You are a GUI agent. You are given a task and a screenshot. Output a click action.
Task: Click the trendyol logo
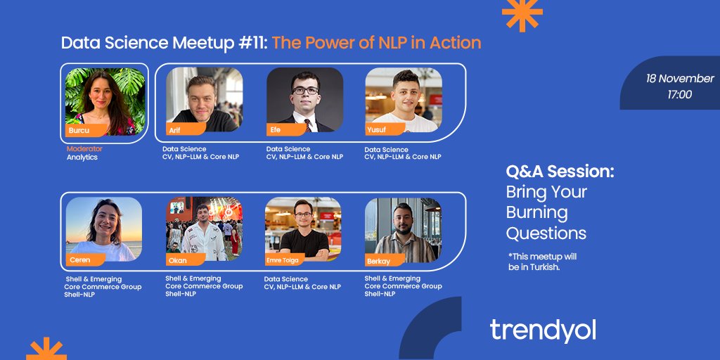pos(542,330)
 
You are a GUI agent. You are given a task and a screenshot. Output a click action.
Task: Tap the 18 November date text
pos(680,79)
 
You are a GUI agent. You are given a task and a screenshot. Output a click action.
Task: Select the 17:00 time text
pos(679,94)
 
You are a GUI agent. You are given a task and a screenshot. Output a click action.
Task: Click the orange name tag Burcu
pos(79,130)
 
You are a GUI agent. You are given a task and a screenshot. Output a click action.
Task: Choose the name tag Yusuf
pos(377,130)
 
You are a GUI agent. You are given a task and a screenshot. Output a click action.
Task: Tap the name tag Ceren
pos(80,260)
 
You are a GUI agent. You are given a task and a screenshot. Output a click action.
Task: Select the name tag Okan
pos(178,260)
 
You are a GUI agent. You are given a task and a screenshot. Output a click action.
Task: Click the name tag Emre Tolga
pos(284,260)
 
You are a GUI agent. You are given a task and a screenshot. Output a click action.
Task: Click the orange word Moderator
pos(84,149)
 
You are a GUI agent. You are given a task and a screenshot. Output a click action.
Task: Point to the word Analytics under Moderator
pos(82,157)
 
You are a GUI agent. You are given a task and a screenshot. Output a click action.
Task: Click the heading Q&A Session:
pos(560,172)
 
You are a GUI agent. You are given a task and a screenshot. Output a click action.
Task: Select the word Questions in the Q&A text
pos(546,233)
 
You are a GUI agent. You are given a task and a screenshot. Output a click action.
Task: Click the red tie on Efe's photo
pos(307,125)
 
